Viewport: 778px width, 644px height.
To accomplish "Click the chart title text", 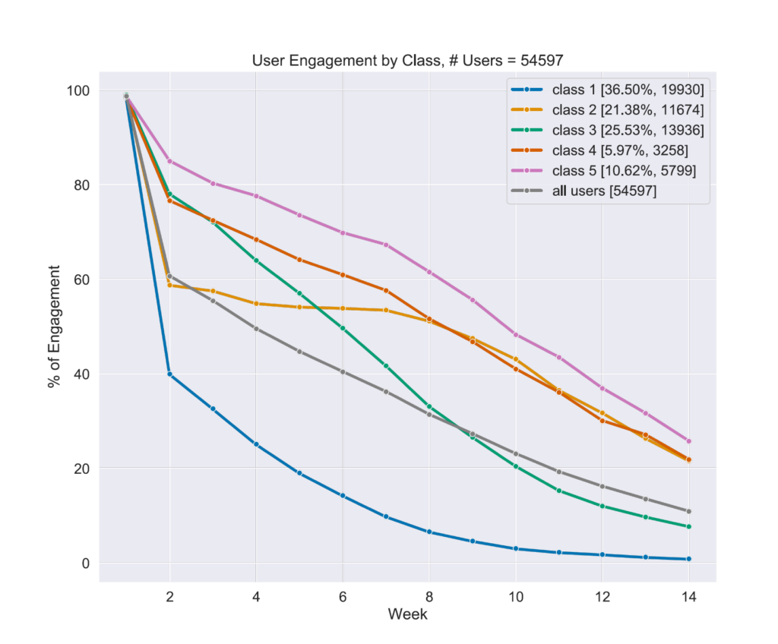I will pos(407,61).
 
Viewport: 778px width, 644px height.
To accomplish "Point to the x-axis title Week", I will pos(407,614).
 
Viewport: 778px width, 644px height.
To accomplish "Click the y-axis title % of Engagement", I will pos(54,327).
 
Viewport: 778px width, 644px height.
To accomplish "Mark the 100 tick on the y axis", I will pos(78,90).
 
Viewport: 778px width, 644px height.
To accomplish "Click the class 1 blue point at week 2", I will pos(169,374).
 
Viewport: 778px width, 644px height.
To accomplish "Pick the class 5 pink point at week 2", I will pos(169,161).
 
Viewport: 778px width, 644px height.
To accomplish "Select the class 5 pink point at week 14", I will pos(688,441).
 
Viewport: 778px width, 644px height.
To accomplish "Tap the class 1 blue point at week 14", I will pos(688,559).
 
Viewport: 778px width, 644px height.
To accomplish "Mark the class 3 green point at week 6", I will pos(343,328).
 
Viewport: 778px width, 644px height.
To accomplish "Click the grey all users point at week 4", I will pos(256,329).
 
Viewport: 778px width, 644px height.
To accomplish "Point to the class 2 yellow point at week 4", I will pos(256,304).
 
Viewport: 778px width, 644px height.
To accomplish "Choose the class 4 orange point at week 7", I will pos(386,291).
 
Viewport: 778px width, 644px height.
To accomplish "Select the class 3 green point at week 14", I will pos(688,526).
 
